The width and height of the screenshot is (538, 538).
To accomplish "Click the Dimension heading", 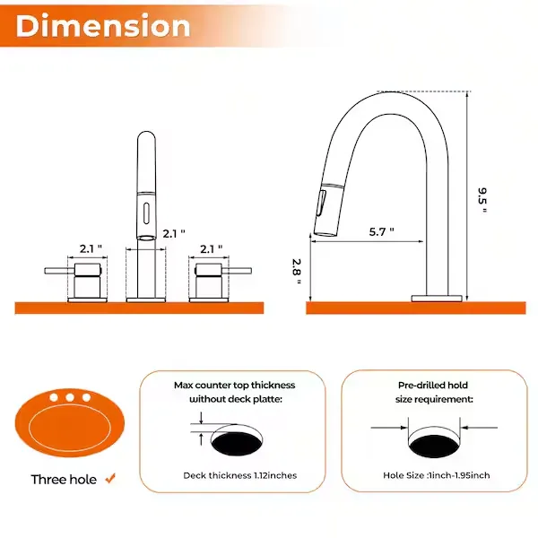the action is tap(103, 26).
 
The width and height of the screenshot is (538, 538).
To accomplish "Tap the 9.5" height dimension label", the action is tap(482, 201).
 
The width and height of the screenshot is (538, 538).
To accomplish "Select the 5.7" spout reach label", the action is tap(381, 232).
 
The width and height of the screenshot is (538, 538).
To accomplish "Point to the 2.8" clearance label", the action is tap(297, 272).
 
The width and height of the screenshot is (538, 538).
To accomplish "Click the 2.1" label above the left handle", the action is tap(91, 248).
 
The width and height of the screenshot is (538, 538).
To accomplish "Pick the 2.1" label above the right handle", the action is tap(212, 249).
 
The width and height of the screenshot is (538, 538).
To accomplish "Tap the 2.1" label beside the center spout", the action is tap(174, 234).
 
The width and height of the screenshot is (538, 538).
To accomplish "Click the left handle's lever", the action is tap(59, 271).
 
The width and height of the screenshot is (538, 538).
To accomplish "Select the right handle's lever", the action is tap(237, 271).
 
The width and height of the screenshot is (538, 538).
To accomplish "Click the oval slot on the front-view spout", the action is tap(146, 213).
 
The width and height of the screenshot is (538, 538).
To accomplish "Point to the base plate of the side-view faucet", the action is tap(437, 299).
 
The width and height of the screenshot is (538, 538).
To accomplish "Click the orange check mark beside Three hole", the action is tap(110, 478).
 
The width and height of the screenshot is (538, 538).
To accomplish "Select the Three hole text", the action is tap(64, 480).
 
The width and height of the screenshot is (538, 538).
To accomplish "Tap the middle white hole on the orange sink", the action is tap(70, 397).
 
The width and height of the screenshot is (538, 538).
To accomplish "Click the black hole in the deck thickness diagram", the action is tap(237, 444).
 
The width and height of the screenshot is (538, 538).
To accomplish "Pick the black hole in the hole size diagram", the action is tap(434, 446).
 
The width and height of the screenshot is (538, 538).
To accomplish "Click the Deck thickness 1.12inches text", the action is tap(239, 475).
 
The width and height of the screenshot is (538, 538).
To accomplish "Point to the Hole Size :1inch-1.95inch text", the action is tap(437, 475).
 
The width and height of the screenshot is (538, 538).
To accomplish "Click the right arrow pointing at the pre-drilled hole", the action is tap(479, 428).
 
